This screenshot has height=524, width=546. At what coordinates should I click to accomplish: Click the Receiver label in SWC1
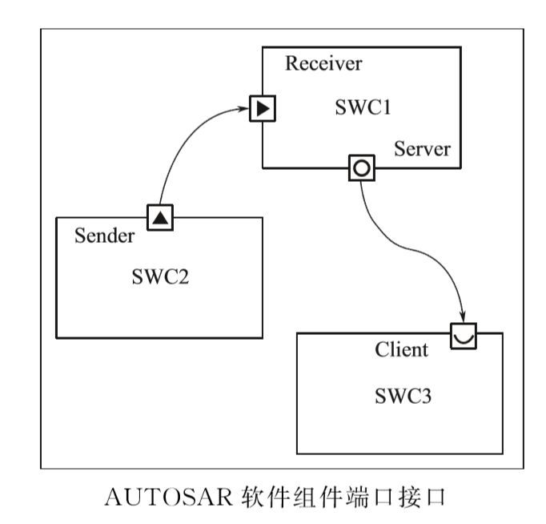(323, 63)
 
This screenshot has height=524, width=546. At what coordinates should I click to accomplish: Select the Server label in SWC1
(421, 149)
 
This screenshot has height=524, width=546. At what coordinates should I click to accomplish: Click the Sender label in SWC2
(104, 236)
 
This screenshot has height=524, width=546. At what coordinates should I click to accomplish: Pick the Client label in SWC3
(401, 350)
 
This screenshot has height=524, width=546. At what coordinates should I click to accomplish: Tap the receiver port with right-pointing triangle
(262, 108)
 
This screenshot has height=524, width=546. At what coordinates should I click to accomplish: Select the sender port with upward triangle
(161, 216)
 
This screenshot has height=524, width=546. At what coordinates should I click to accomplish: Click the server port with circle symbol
(361, 168)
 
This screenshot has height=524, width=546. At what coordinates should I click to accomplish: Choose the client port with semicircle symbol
(464, 335)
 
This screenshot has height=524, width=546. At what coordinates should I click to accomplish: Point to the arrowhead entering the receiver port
(244, 109)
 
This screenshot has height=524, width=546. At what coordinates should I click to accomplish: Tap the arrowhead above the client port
(464, 315)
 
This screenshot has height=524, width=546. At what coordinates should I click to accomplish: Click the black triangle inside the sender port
(161, 217)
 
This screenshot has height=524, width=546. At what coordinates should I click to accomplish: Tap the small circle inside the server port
(361, 168)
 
